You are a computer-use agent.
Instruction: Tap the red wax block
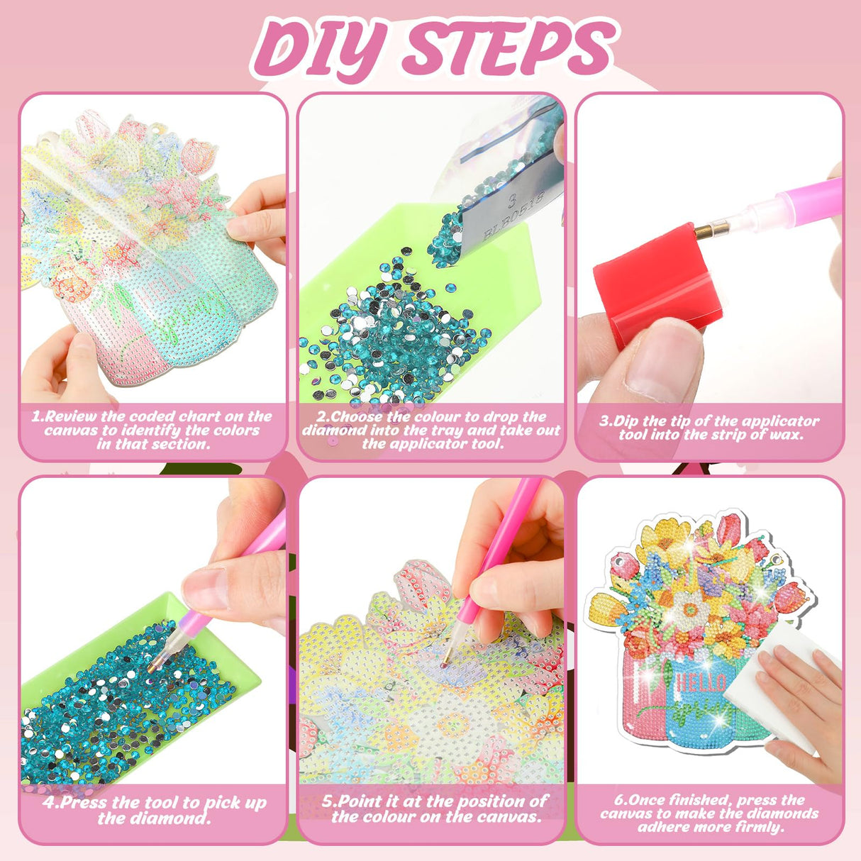(x=652, y=284)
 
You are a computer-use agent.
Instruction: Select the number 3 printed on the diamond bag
(x=509, y=201)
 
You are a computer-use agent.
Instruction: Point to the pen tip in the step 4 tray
(x=153, y=666)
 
